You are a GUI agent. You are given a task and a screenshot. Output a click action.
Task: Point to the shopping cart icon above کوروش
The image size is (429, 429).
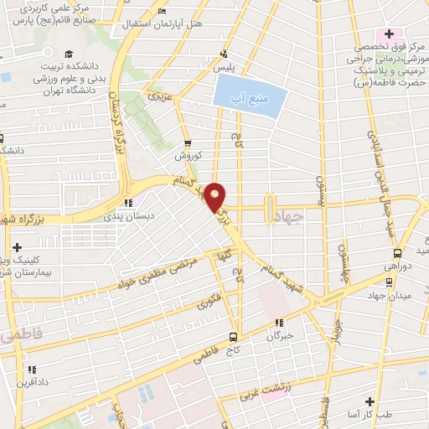(x=188, y=142)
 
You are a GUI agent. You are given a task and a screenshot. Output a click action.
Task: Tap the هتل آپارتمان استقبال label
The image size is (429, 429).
(x=164, y=25)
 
